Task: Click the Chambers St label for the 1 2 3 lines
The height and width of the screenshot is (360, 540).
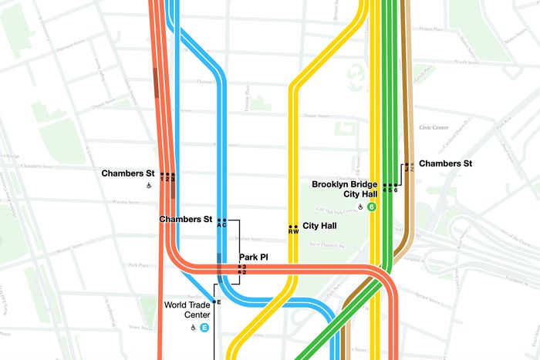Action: [128, 173]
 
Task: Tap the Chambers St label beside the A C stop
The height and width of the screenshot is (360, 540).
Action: [185, 220]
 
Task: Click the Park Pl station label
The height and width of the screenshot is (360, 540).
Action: [254, 257]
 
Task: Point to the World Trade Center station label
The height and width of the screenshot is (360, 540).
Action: [186, 310]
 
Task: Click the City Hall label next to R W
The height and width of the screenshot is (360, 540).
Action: [319, 227]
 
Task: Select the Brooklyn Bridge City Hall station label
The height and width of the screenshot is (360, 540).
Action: [346, 190]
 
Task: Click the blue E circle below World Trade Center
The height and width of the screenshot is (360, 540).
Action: [205, 328]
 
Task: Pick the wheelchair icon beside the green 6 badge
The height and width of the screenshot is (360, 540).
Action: [359, 207]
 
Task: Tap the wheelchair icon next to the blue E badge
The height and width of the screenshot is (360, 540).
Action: [193, 328]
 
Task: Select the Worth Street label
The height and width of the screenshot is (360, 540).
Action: [466, 61]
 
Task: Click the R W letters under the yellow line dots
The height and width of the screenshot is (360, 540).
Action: [293, 232]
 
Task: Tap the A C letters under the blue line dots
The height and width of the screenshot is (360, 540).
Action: [221, 225]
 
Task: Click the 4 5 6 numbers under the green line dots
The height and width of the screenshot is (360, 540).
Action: [390, 190]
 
